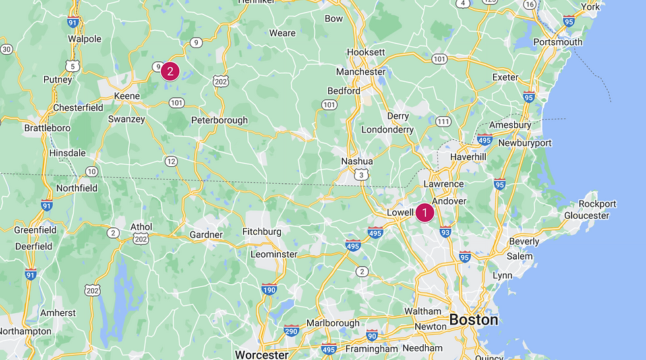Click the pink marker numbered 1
[425, 212]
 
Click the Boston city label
[473, 320]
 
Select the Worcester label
[262, 355]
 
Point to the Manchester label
[361, 71]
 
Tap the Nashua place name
[357, 162]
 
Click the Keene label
[127, 96]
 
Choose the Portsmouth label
[558, 42]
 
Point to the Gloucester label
[587, 216]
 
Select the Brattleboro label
[47, 127]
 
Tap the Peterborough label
[220, 120]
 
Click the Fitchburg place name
[262, 231]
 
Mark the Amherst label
[58, 313]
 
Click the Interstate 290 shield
[291, 331]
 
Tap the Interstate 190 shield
[269, 289]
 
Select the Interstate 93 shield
[446, 231]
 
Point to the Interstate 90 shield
[372, 335]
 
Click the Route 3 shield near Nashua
[360, 174]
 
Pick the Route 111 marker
[443, 122]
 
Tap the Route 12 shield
[171, 161]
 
